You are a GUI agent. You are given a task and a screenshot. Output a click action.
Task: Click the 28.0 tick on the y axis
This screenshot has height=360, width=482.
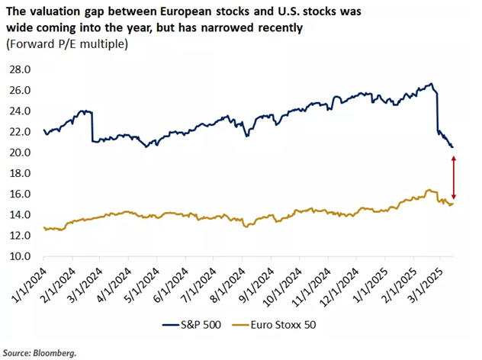20,69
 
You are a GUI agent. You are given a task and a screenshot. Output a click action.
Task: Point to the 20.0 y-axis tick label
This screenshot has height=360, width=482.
20,152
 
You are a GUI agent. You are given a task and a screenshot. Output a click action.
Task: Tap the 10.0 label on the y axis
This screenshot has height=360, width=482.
20,256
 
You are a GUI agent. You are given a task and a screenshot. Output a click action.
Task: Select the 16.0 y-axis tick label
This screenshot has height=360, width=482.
20,194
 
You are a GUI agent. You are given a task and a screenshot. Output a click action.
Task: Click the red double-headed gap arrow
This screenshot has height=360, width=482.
454,177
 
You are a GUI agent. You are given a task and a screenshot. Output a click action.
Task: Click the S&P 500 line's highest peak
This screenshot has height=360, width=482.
432,84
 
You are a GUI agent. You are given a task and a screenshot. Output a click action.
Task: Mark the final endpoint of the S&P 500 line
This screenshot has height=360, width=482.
452,146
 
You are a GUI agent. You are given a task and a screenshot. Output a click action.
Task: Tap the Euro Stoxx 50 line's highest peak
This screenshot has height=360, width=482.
429,190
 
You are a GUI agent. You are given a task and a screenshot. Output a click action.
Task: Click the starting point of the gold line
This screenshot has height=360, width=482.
44,227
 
